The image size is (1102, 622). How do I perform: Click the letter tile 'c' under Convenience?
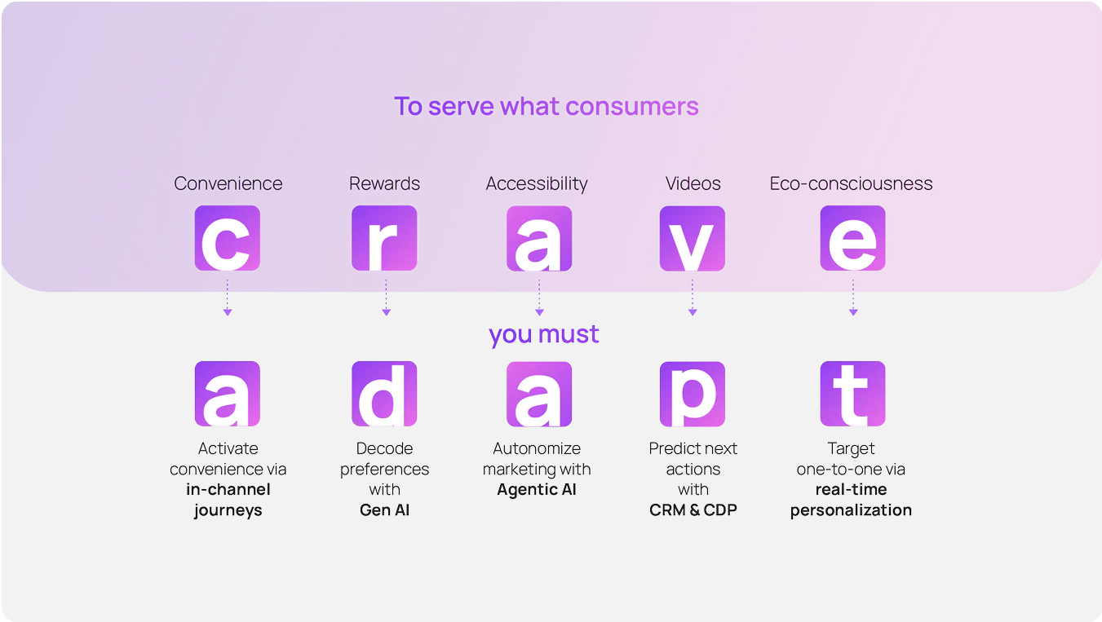coord(228,238)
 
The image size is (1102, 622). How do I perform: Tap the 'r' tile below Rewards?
coord(384,238)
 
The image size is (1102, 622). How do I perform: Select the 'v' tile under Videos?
coord(693,239)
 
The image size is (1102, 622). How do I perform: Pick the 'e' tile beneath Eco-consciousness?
coord(852,238)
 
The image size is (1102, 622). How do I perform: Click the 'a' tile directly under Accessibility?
coord(539,239)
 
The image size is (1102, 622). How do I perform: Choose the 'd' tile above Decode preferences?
coord(384,394)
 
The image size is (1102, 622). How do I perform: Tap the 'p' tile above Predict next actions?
coord(693,394)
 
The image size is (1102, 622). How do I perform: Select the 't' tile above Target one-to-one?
coord(852,394)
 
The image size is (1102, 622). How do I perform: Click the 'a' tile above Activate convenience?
coord(228,394)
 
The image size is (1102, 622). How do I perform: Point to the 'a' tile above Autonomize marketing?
coord(539,394)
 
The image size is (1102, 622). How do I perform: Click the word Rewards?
coord(384,183)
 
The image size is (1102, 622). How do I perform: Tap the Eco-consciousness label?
coord(851,183)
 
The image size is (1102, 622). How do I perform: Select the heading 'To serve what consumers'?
coord(546,106)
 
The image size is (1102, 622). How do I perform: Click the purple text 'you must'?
coord(543,334)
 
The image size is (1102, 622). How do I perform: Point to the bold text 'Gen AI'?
coord(384,510)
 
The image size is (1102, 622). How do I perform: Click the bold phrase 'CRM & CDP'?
coord(693,510)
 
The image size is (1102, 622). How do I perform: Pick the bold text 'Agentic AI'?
coord(536,490)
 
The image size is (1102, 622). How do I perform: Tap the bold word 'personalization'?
coord(851,510)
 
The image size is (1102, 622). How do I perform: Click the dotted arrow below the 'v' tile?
coord(693,298)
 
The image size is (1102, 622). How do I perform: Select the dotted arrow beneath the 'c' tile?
coord(228,298)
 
